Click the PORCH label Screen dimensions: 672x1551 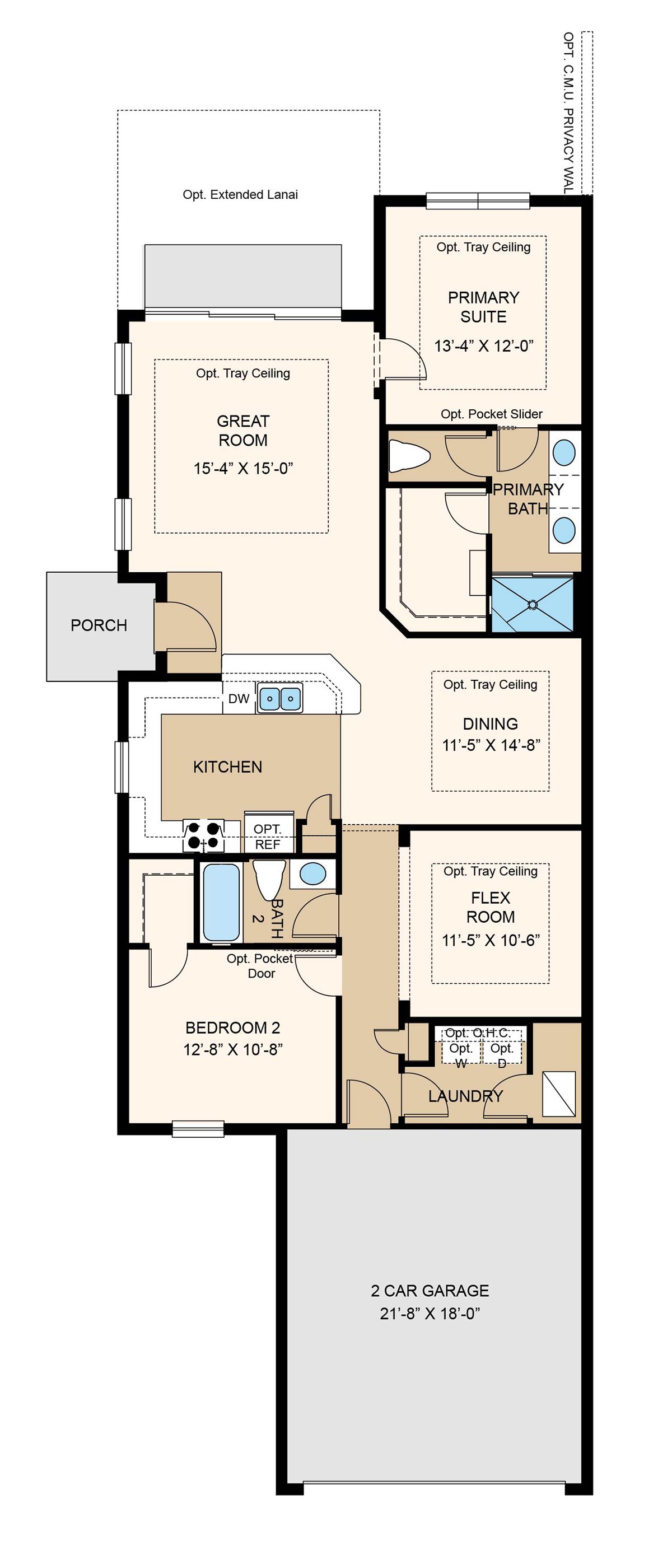99,625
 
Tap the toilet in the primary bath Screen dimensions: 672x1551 409,455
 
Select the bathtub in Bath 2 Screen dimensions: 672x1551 222,902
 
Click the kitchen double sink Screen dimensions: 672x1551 280,698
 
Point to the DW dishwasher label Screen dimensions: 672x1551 239,698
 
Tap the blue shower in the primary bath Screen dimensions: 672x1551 533,604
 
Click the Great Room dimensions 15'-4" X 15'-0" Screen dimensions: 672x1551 243,468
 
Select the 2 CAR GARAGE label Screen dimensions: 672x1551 430,1290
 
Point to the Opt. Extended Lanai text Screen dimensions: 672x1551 240,194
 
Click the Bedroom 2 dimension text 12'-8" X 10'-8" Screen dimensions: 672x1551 233,1049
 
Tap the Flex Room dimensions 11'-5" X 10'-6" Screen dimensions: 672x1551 491,941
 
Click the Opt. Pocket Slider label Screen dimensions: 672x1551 491,414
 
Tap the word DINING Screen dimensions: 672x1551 490,724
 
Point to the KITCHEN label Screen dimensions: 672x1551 227,767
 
